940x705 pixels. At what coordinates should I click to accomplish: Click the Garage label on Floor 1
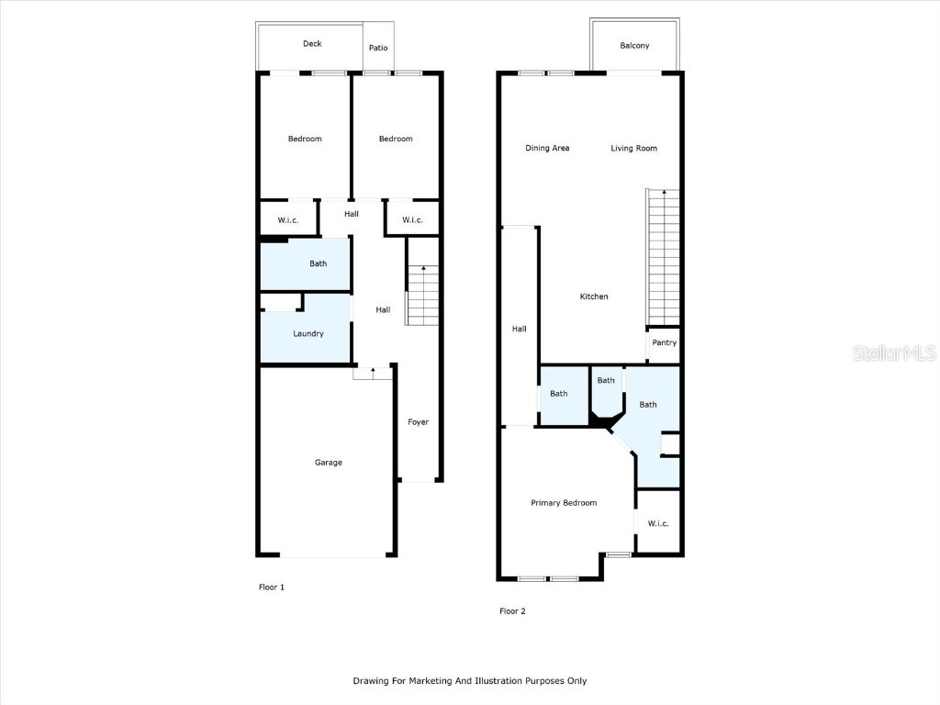point(329,463)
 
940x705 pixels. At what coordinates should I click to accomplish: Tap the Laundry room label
point(308,333)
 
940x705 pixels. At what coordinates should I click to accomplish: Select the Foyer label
point(419,422)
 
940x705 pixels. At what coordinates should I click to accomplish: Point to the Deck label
point(312,44)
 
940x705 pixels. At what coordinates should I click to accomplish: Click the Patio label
point(378,48)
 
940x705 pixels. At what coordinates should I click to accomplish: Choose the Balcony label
point(634,46)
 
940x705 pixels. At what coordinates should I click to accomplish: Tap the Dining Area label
point(547,148)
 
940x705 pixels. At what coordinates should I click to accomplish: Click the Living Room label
point(634,148)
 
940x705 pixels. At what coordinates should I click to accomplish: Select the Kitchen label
point(594,297)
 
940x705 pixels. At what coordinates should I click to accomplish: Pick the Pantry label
point(665,343)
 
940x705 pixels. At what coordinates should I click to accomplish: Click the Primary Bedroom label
point(564,503)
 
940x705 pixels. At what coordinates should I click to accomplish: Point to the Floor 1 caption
point(272,587)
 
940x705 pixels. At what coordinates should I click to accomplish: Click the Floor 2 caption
point(512,610)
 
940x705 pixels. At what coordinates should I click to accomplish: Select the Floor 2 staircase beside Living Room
point(664,257)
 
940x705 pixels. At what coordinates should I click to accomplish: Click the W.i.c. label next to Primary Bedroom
point(658,523)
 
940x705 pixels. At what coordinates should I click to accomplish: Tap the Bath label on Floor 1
point(318,263)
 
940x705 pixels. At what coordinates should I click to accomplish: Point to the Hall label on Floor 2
point(519,329)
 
